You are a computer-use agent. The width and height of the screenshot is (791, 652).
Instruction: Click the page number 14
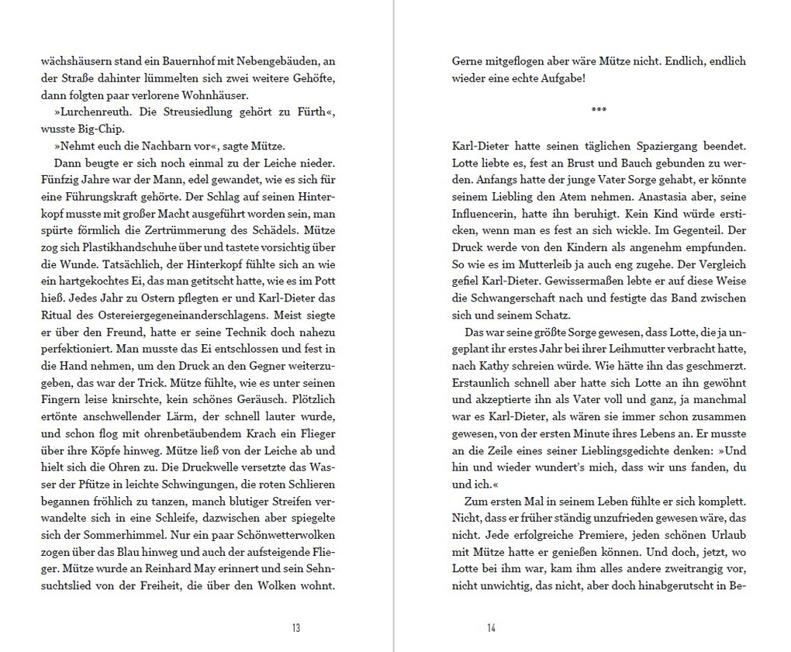491,628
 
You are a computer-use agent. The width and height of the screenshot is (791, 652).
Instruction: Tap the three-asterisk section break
599,111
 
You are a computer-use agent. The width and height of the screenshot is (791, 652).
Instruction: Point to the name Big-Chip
103,129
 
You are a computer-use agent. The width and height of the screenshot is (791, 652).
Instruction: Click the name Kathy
494,367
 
